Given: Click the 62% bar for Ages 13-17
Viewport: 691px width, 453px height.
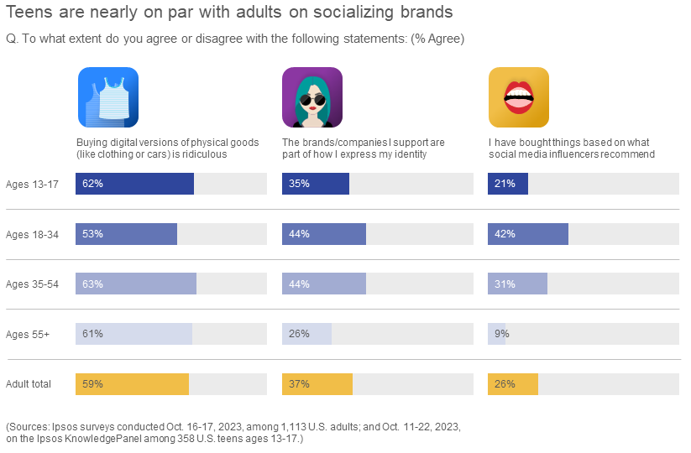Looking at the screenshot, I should pos(134,184).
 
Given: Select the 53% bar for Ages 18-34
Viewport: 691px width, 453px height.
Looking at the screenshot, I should pos(126,234).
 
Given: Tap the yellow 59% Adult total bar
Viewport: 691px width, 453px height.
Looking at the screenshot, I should pos(132,384).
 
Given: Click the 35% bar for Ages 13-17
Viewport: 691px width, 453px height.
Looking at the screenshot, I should pos(315,184).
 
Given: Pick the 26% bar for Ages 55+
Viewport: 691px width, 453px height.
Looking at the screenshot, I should pos(306,334).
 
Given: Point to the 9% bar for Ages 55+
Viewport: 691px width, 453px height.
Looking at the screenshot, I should pos(496,334).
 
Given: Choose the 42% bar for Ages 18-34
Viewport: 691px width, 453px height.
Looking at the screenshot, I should pos(527,234).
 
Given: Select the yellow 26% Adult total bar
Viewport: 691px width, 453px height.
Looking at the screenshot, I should pos(512,384).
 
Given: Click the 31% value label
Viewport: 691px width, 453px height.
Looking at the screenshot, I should pos(505,284).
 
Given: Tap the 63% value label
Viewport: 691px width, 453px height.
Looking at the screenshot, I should pos(92,284).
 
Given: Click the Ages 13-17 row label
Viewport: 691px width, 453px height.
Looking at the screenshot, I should pos(31,184).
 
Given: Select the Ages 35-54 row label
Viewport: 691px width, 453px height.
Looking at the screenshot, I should pos(32,284).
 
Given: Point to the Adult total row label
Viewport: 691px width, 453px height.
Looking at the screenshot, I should pos(29,384).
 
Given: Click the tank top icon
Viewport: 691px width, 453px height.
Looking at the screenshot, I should pos(108,97).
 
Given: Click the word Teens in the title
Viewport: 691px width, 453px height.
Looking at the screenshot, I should pos(28,13).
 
